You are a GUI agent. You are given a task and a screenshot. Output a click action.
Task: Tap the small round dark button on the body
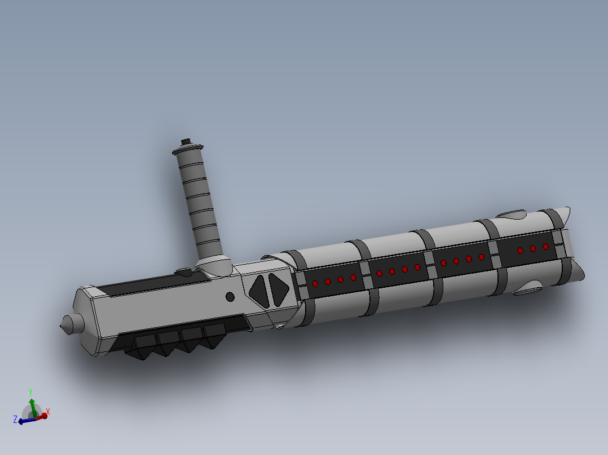point(230,297)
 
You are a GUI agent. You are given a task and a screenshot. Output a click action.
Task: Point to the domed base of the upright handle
point(213,264)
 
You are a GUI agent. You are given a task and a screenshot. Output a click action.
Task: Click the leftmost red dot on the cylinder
point(315,283)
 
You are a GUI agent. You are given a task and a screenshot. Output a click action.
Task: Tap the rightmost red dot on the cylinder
point(545,247)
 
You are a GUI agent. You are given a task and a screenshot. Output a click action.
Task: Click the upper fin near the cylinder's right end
point(512,215)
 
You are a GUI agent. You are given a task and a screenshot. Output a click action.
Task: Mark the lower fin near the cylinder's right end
point(527,289)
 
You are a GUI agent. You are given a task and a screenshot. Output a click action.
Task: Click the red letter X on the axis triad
point(48,412)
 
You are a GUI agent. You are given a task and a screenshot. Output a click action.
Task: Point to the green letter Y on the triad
point(31,392)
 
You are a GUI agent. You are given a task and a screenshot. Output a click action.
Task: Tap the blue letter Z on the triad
point(15,419)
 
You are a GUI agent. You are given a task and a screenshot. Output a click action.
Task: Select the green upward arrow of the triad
point(33,404)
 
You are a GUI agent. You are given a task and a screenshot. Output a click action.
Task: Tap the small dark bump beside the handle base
point(184,272)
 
